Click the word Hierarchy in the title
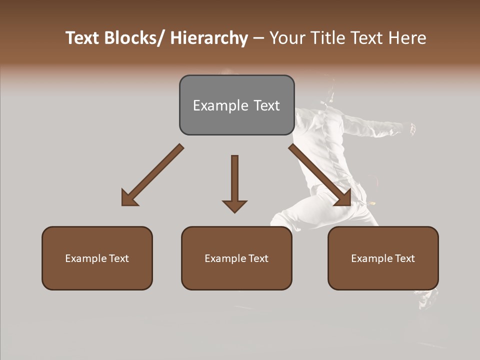pos(209,38)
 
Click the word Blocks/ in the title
pos(135,38)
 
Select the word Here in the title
pos(407,38)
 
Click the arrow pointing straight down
pos(234,180)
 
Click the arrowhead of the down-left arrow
pos(128,198)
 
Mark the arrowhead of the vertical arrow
pos(234,205)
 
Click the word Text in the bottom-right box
pos(405,258)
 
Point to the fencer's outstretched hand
pos(412,128)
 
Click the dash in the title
pos(258,38)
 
